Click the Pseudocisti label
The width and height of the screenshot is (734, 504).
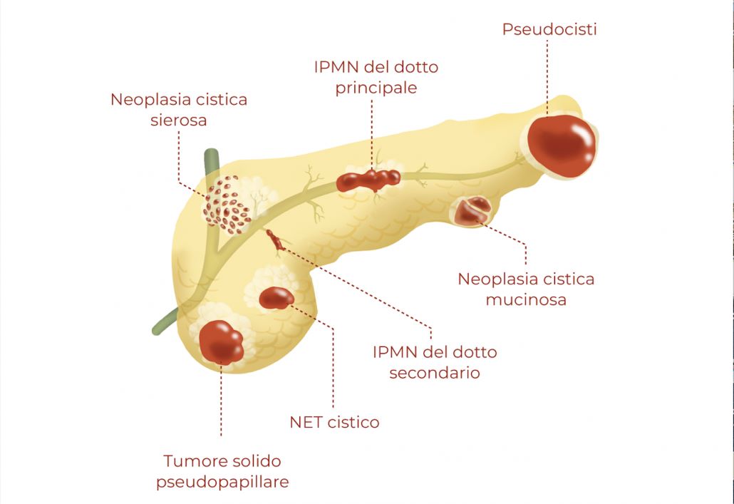tap(549, 29)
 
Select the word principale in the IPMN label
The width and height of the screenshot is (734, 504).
tap(376, 88)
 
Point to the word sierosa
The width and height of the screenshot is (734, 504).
tap(178, 120)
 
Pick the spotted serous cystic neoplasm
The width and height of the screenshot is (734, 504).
tap(227, 205)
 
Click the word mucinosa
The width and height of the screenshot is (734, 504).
tap(526, 299)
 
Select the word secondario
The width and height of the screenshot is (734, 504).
tap(434, 372)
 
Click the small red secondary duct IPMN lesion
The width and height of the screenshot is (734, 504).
tap(275, 241)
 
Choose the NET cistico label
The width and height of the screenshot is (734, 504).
tap(334, 422)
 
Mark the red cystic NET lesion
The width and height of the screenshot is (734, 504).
tap(276, 297)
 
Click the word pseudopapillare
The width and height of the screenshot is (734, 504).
tap(222, 481)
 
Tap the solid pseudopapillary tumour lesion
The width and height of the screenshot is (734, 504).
tap(221, 342)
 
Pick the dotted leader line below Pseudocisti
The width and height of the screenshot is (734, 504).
tap(548, 71)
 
